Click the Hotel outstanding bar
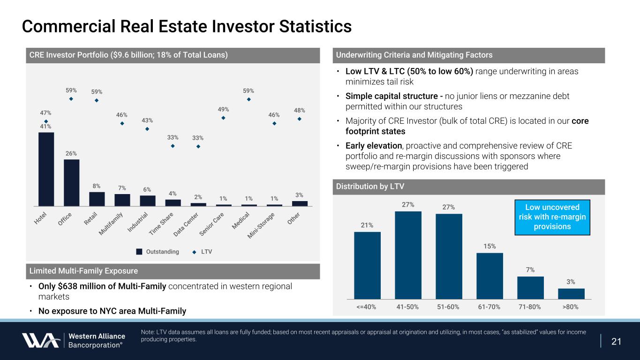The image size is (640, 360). (46, 169)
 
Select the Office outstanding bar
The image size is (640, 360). (71, 182)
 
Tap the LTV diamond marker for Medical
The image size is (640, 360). (249, 99)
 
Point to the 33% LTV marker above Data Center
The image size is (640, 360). (198, 146)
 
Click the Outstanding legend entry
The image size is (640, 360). (158, 252)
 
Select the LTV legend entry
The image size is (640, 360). (202, 252)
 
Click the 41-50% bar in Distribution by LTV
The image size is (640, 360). (408, 255)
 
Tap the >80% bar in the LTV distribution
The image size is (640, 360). (571, 293)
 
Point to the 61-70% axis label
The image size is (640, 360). (489, 307)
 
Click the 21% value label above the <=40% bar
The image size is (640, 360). (367, 225)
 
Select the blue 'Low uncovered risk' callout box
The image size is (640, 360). (552, 217)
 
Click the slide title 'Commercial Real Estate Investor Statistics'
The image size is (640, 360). (187, 26)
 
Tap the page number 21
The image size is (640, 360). (617, 341)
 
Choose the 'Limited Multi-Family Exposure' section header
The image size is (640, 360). (83, 271)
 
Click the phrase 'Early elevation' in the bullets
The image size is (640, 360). (374, 145)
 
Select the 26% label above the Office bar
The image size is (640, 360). (71, 153)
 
